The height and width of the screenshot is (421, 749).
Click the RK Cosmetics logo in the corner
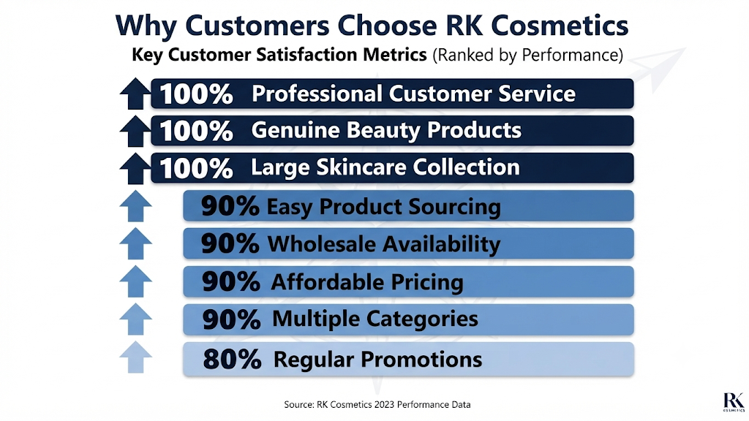(x=733, y=402)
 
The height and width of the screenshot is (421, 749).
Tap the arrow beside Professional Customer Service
(x=135, y=93)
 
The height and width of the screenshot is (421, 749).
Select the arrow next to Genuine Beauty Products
(x=135, y=131)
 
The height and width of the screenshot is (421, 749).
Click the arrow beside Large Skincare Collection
(x=135, y=169)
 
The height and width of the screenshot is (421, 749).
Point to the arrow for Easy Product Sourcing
(x=135, y=205)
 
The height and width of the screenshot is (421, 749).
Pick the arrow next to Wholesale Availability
(x=135, y=243)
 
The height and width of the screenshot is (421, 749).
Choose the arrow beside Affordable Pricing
(x=135, y=281)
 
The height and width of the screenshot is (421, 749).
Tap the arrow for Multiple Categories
(x=135, y=319)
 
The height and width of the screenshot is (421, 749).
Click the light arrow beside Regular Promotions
(x=135, y=357)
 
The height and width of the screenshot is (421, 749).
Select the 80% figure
(x=232, y=360)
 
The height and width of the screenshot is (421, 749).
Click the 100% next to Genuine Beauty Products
(x=196, y=131)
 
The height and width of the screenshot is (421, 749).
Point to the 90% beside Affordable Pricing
(x=230, y=281)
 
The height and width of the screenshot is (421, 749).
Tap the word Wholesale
(x=321, y=244)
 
